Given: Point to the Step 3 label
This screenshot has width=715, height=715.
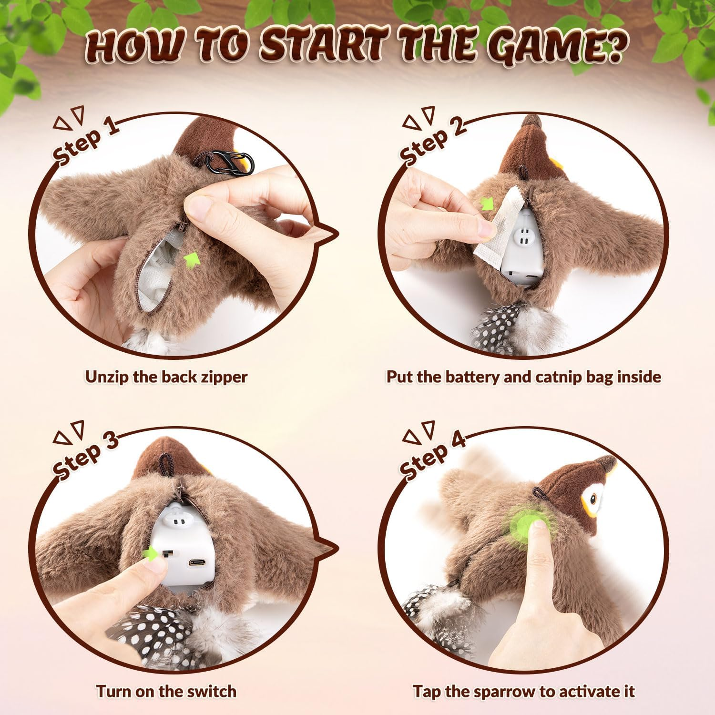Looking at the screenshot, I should point(86,455).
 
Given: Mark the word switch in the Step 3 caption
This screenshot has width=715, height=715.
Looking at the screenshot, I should point(210,691).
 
